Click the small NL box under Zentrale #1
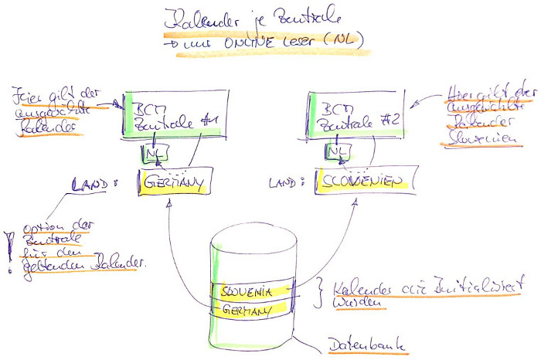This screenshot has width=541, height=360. click(x=151, y=155)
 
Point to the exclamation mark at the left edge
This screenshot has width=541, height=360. click(x=9, y=252)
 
